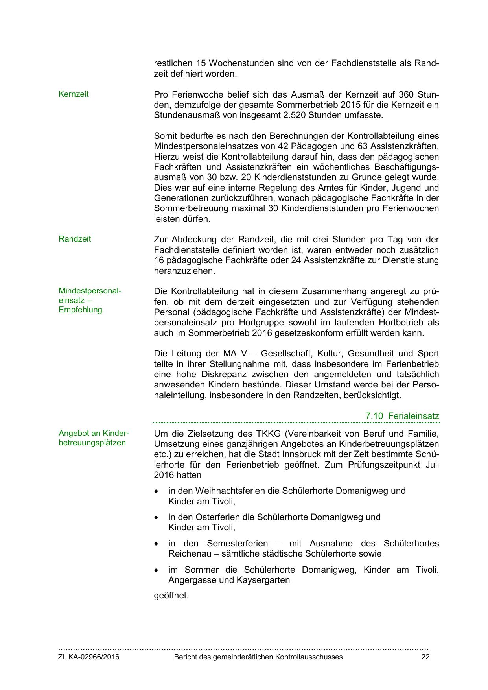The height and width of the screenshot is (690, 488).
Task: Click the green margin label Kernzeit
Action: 74,94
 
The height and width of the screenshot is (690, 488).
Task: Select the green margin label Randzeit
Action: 75,239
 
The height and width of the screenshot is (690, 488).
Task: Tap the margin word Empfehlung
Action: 80,310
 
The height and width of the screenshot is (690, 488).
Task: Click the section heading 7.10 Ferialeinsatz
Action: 402,416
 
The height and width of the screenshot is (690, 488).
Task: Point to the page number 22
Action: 425,657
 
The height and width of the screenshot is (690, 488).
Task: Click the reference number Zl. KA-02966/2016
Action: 89,657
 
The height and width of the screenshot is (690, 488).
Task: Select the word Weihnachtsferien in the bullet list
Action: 229,491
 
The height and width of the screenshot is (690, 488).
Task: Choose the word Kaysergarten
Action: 263,580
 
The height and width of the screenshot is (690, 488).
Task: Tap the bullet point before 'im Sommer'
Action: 157,570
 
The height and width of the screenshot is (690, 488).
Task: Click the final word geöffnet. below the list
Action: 171,595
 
